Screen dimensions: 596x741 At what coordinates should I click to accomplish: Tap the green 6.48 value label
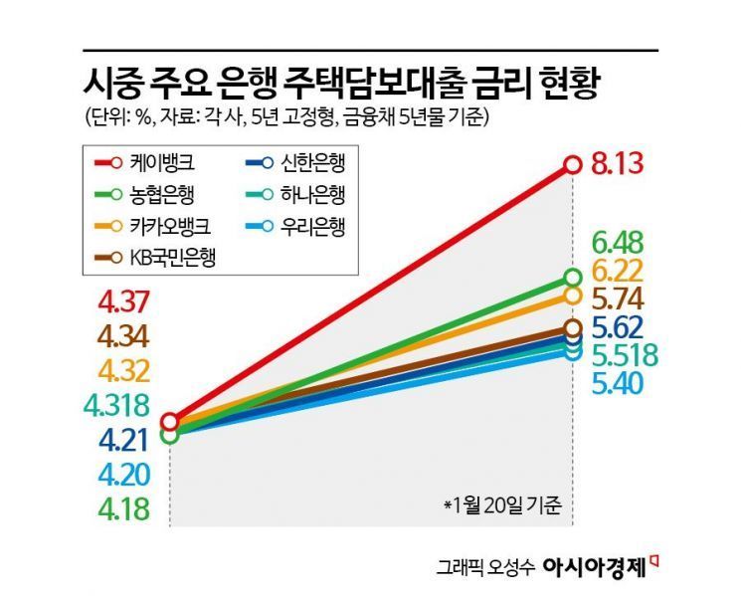coord(619,242)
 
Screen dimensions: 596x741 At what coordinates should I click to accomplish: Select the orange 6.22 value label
coord(619,271)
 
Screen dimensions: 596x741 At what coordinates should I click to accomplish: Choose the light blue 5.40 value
coord(619,384)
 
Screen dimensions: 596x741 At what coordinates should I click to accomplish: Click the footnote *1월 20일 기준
coord(501,503)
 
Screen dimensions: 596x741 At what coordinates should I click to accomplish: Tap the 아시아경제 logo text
coord(594,567)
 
